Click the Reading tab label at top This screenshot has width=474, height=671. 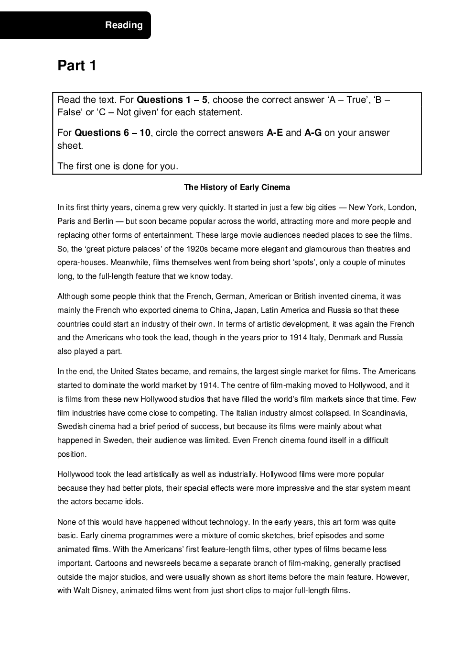(124, 25)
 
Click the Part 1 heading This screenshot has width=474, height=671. (77, 66)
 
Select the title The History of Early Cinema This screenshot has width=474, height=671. (237, 187)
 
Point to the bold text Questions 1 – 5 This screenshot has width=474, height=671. (172, 100)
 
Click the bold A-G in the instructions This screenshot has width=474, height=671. (313, 133)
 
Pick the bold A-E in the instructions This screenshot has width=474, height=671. (275, 133)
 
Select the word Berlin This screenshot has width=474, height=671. (103, 221)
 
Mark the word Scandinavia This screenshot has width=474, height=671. (384, 413)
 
